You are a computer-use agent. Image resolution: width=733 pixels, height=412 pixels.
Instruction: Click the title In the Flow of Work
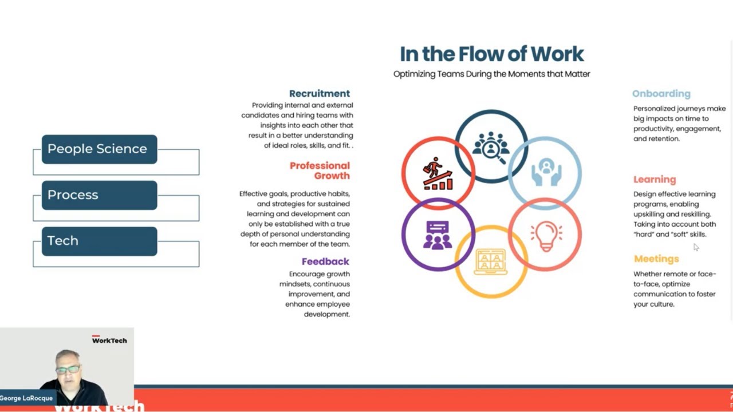(x=491, y=54)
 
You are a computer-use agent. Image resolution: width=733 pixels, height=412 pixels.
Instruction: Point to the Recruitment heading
(x=319, y=93)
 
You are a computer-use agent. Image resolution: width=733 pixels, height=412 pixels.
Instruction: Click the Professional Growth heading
(x=320, y=171)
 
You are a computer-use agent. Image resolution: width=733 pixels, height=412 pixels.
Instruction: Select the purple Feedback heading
(x=325, y=262)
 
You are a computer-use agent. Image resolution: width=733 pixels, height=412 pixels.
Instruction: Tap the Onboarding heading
(x=661, y=93)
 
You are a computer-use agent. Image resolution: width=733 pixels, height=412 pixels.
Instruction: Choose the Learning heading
(x=654, y=179)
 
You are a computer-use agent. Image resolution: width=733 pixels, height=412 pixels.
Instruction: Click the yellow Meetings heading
(x=656, y=259)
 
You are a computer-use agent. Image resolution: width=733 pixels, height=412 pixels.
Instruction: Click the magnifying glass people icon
(x=491, y=146)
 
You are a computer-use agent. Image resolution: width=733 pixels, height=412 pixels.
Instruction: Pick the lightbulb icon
(x=545, y=235)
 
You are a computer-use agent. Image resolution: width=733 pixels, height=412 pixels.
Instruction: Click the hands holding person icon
(x=545, y=172)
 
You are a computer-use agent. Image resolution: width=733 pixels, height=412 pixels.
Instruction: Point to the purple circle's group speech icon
(x=438, y=235)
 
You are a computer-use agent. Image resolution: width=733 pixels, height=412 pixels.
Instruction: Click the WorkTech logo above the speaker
(x=109, y=340)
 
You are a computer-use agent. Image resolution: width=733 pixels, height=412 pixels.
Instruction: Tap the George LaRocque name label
(x=27, y=398)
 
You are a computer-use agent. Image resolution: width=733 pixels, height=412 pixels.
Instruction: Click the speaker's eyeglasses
(x=68, y=370)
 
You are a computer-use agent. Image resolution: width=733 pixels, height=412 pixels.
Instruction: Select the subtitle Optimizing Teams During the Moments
(x=491, y=74)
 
